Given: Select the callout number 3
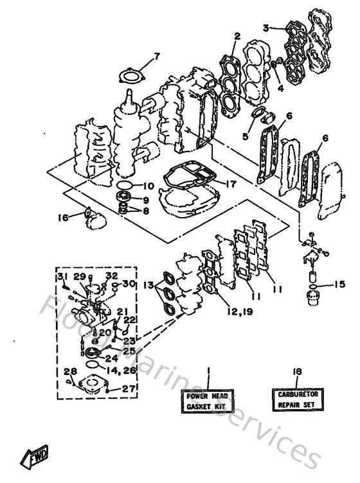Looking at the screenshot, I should tap(265, 27).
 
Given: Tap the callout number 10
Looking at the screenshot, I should tap(148, 186).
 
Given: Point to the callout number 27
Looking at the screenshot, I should tap(129, 388).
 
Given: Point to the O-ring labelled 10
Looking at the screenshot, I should tap(123, 186).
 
